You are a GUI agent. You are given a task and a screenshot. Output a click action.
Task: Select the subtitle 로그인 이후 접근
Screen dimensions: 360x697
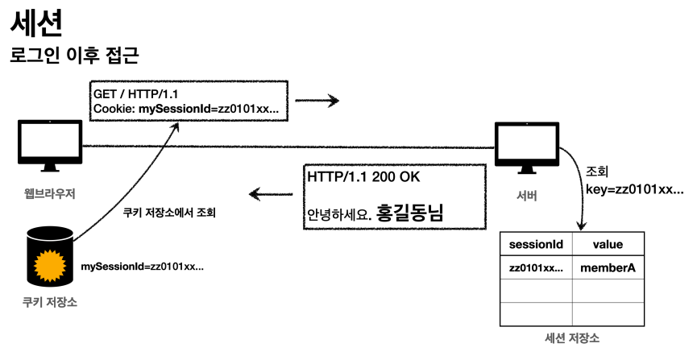pos(74,56)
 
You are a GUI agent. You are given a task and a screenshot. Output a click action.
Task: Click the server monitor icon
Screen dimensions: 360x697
pos(526,148)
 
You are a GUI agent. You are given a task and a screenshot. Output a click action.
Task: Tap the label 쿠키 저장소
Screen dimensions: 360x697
pos(51,304)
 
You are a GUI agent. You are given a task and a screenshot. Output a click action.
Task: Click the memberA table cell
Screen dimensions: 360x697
pos(608,267)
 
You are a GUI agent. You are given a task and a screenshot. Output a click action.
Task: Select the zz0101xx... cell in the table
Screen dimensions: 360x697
pos(536,267)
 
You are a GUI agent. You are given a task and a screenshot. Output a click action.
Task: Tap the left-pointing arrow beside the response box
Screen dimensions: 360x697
pos(270,193)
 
